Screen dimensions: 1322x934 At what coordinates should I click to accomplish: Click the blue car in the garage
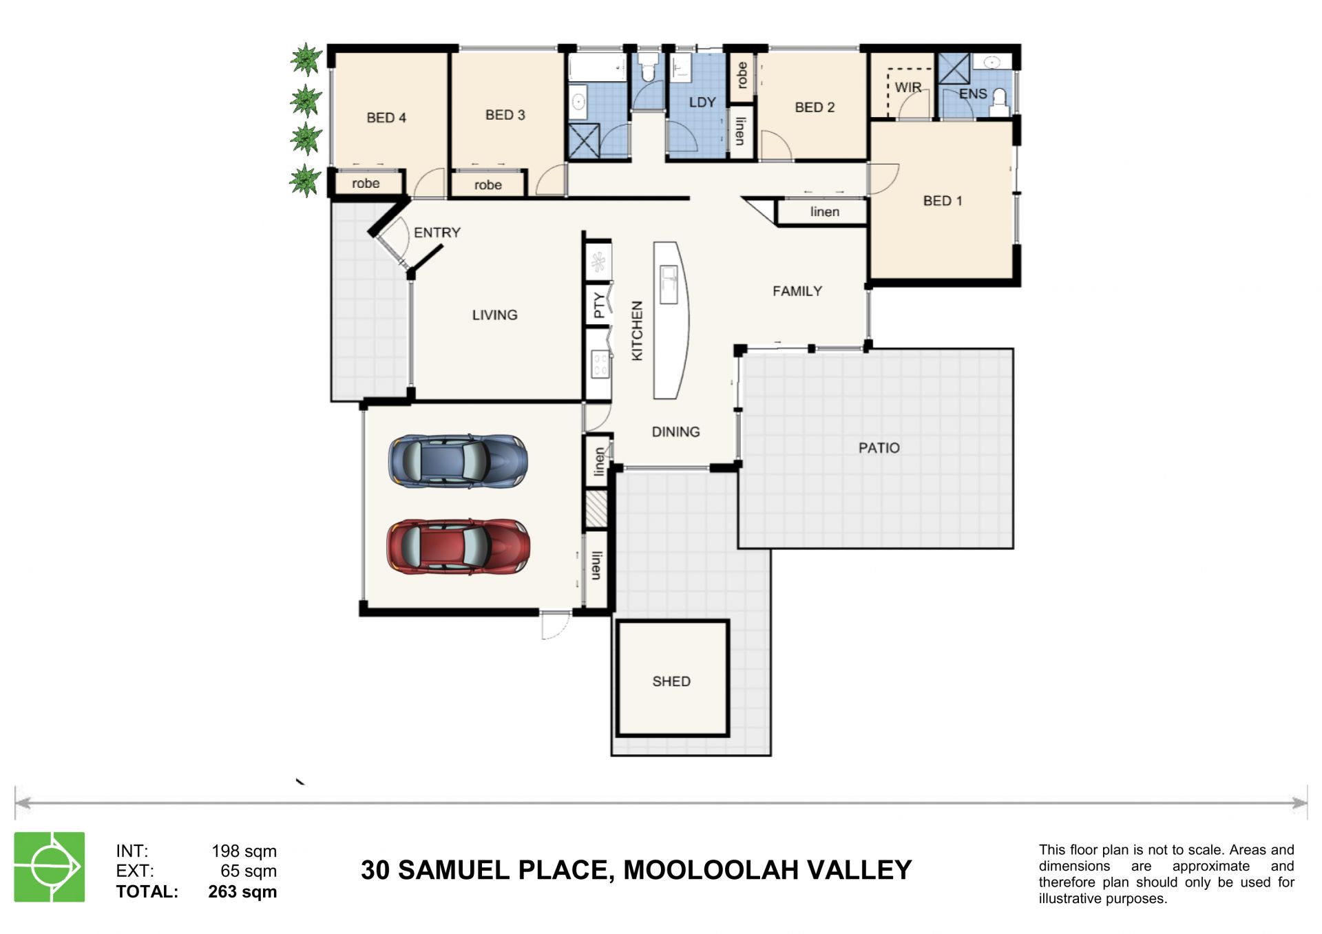coord(458,461)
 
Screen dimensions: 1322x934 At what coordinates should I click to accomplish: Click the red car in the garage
coord(458,547)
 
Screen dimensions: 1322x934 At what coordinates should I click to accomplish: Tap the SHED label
coord(671,681)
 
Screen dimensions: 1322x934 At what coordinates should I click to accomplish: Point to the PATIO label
coord(879,448)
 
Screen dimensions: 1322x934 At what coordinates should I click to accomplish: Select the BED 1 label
coord(943,201)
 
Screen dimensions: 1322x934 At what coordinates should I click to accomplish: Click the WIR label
coord(908,87)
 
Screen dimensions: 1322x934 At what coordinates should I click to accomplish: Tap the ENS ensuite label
coord(973,94)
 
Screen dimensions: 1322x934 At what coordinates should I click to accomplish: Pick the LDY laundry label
coord(702,102)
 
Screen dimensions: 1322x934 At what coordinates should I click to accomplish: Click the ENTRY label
coord(437,233)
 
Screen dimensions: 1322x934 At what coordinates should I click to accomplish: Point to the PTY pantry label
coord(599,305)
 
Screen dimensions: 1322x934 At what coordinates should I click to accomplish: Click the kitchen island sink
coord(669,284)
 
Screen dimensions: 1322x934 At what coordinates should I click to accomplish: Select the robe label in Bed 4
coord(366,184)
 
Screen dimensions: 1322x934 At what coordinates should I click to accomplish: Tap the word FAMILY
coord(797,291)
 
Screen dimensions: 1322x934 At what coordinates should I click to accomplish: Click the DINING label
coord(676,432)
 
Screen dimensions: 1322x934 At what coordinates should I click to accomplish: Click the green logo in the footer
coord(50,867)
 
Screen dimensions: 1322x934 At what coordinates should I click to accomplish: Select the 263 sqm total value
coord(242,892)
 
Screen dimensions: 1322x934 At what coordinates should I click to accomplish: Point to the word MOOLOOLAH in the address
coord(711,871)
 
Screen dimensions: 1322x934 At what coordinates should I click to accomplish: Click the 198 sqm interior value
coord(244,851)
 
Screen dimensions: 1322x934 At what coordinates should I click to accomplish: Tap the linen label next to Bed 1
coord(825,212)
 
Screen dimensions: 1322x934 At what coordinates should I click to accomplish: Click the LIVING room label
coord(495,315)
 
